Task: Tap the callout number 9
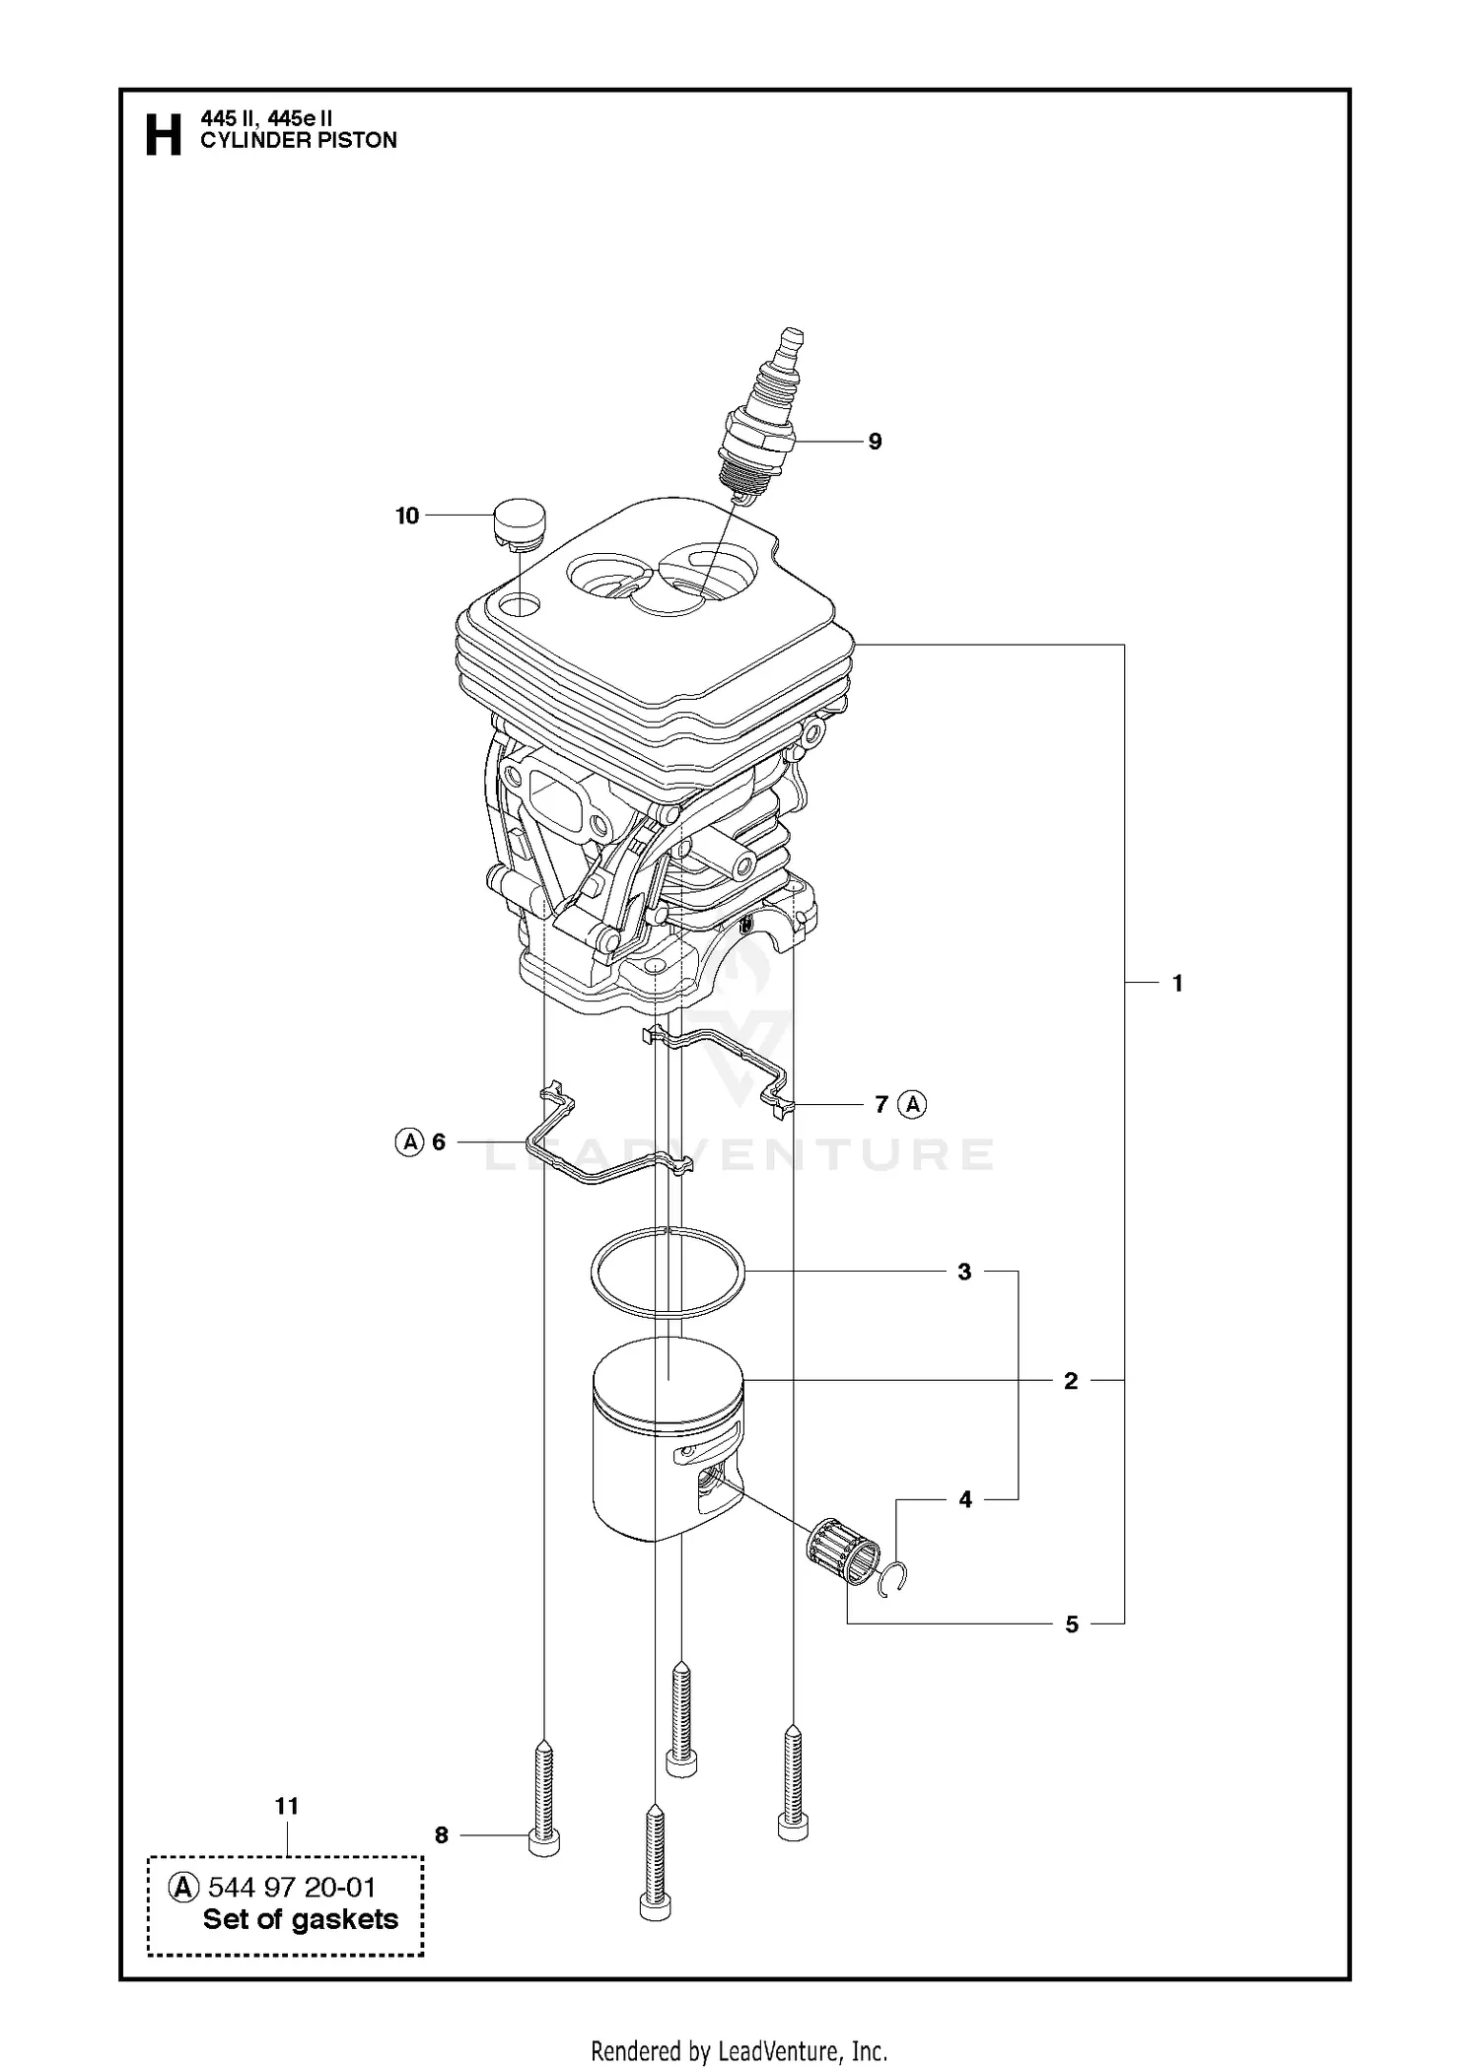coord(875,442)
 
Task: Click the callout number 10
coord(407,516)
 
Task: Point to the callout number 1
coord(1177,983)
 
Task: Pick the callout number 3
coord(964,1272)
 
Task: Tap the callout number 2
coord(1071,1381)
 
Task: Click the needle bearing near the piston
coord(843,1551)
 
